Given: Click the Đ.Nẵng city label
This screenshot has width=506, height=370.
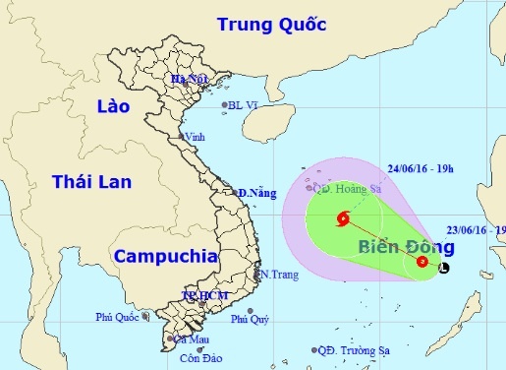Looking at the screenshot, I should pos(257,193).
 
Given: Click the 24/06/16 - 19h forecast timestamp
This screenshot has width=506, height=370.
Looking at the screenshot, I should pos(420,168).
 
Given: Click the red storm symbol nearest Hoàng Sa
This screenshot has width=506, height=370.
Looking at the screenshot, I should pos(343,219).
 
